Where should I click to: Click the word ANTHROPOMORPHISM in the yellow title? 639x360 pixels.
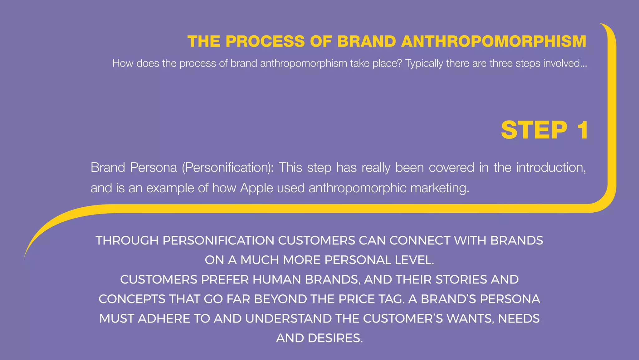494,42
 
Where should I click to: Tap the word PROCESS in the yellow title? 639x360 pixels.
265,42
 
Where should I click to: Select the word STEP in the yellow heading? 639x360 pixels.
534,130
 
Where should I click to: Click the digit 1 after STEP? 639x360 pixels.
583,130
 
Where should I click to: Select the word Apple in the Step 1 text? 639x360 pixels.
256,188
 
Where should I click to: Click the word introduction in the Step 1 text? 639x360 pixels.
551,168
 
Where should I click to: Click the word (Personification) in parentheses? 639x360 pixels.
228,168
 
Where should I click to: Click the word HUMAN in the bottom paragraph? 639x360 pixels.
277,280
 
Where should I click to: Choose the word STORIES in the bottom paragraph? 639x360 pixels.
461,280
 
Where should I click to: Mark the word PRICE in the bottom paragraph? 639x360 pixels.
357,299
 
